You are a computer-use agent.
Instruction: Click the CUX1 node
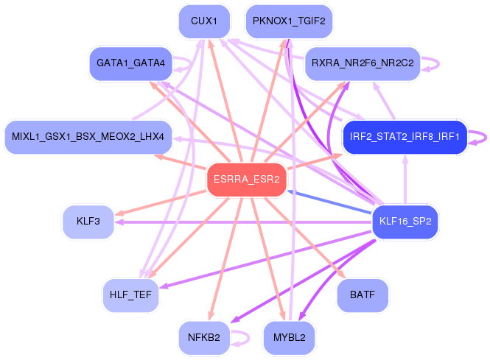[204, 21]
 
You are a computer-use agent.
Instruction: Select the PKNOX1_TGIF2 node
[289, 21]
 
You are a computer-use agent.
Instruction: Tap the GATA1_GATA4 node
[130, 63]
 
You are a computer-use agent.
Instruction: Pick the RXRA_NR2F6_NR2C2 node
[363, 63]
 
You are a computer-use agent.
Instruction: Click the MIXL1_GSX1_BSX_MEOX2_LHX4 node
[88, 137]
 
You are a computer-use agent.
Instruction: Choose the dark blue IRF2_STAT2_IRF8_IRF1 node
[405, 137]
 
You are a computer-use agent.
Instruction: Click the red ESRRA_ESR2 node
[246, 179]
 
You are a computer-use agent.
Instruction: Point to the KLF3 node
[88, 221]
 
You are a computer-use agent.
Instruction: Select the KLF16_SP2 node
[405, 221]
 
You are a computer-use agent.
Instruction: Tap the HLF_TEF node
[130, 295]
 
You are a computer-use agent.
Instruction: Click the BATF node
[363, 295]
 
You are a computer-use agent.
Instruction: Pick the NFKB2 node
[204, 338]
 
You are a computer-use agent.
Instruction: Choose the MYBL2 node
[289, 338]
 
